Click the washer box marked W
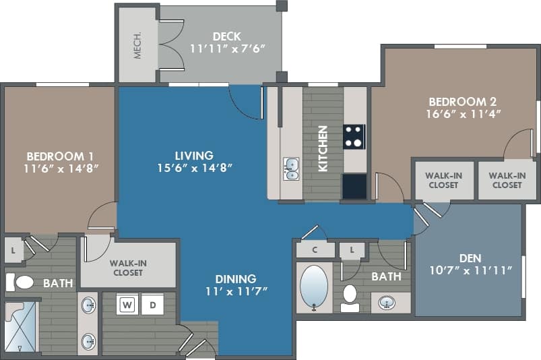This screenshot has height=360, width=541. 127,305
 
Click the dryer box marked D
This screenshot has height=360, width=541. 153,305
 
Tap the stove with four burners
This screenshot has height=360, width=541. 354,136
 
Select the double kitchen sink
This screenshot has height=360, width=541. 291,169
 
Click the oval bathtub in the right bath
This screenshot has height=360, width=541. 313,287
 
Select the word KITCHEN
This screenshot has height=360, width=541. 323,148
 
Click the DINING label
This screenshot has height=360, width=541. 236,278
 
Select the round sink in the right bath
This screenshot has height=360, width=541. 387,303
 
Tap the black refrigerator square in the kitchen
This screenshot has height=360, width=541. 354,186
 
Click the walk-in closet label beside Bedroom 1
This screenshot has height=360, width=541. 128,267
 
